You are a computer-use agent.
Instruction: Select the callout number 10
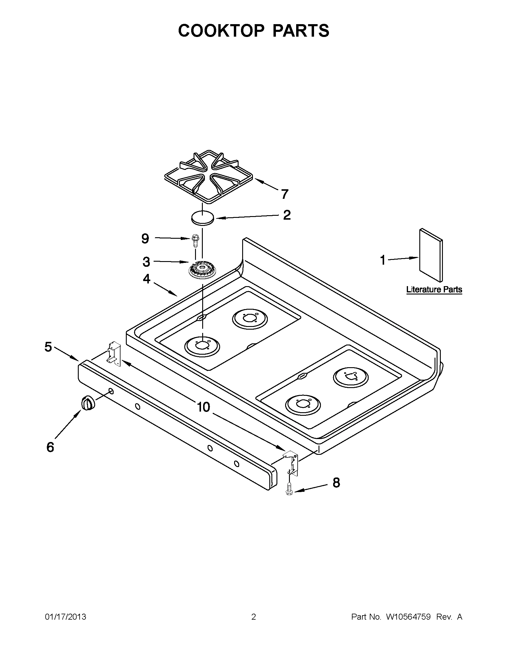tap(203, 407)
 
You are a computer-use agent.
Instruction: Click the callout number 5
tap(48, 347)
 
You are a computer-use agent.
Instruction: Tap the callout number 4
tap(146, 279)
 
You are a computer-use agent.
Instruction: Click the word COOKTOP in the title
tap(221, 31)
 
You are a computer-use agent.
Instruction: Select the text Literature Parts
tap(434, 290)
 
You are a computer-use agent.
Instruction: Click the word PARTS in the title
tap(301, 31)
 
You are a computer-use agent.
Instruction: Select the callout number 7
tap(285, 194)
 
